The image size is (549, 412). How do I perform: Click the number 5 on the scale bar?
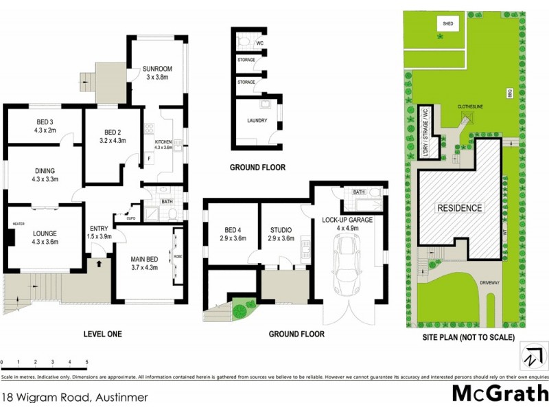point(86,361)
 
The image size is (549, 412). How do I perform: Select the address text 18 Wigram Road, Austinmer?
point(75,396)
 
